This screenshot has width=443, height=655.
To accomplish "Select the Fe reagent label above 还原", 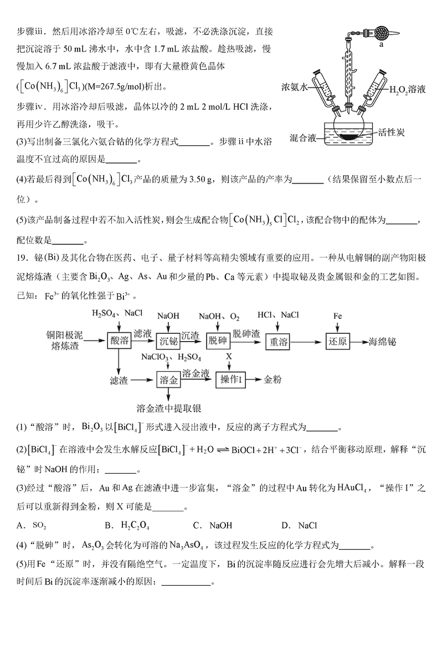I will pyautogui.click(x=337, y=316).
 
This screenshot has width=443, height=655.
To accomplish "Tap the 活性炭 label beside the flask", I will pyautogui.click(x=393, y=132).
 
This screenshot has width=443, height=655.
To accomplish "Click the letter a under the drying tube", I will pyautogui.click(x=382, y=46).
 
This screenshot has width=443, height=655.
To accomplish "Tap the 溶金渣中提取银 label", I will pyautogui.click(x=168, y=409).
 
